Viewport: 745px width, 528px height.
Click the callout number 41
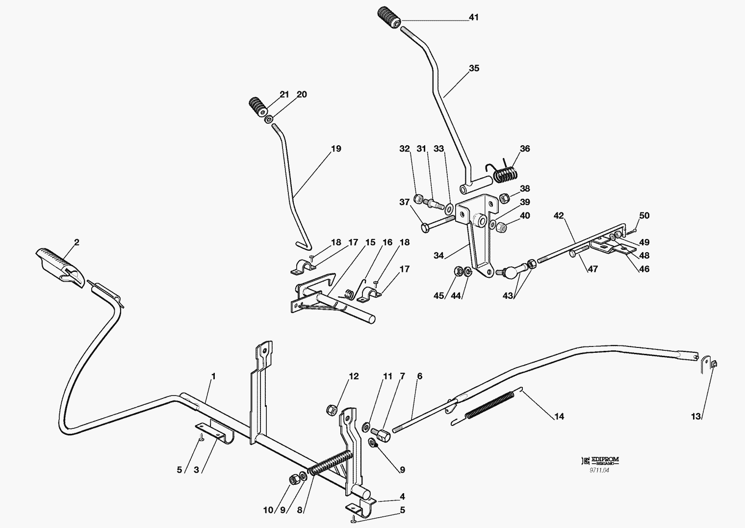473,17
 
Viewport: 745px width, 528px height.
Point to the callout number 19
336,149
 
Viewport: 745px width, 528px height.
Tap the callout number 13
696,417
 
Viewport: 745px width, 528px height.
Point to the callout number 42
559,215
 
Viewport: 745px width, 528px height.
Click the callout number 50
644,215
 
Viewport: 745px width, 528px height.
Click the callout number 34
438,255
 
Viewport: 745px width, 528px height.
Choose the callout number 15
370,242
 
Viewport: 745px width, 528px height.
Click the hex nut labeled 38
503,198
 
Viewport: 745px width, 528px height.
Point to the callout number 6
419,376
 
